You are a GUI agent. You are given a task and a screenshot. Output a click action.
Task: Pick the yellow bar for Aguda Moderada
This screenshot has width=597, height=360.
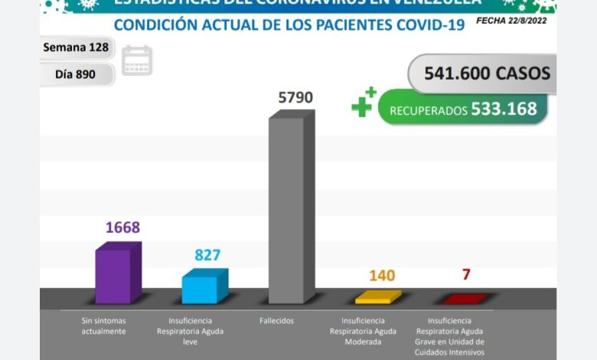(377, 297)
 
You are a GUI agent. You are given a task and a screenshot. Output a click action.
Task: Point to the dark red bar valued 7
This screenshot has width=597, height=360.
(464, 299)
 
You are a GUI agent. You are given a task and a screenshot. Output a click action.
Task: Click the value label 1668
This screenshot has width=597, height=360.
(122, 228)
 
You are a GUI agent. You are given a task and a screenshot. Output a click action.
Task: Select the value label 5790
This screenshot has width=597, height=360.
(295, 98)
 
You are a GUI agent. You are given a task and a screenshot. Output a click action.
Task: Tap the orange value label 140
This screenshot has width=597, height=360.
(382, 276)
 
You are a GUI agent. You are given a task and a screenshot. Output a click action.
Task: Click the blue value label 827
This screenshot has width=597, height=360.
(207, 255)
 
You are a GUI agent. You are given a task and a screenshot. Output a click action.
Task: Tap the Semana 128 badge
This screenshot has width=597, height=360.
(77, 47)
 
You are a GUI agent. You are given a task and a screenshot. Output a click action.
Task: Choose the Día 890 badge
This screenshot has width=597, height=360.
(76, 74)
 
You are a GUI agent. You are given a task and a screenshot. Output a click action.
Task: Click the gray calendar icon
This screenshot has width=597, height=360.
(137, 61)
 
